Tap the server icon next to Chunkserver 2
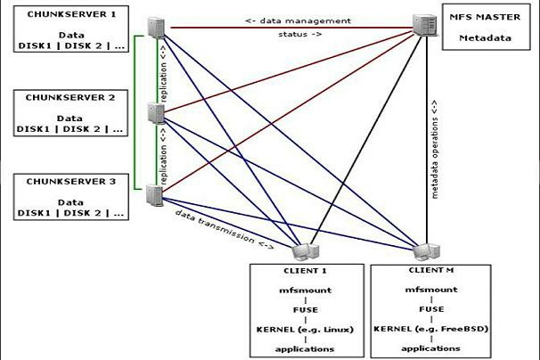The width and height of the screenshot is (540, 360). tap(156, 113)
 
